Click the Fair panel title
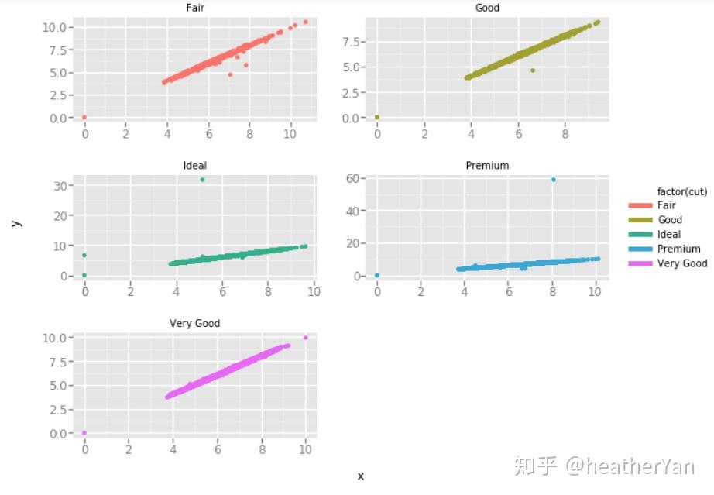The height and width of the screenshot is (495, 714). [x=195, y=8]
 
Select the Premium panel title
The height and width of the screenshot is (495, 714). [x=487, y=166]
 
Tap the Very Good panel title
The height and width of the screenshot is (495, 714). [x=195, y=323]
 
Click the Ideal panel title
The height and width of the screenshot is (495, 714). [x=195, y=166]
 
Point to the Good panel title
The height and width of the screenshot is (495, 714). [x=487, y=8]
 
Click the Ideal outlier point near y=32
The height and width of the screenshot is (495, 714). [x=202, y=180]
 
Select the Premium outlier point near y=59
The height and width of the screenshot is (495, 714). [x=553, y=180]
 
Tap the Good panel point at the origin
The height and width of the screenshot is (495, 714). [x=377, y=117]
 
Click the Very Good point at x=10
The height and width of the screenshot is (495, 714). [x=306, y=338]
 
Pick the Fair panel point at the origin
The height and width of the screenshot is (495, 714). [x=84, y=117]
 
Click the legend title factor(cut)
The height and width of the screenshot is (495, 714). [x=681, y=191]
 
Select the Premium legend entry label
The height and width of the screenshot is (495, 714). [x=678, y=249]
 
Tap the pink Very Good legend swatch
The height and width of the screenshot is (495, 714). [x=640, y=263]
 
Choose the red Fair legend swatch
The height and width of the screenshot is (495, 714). [x=640, y=205]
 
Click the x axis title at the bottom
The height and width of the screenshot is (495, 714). [x=360, y=476]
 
